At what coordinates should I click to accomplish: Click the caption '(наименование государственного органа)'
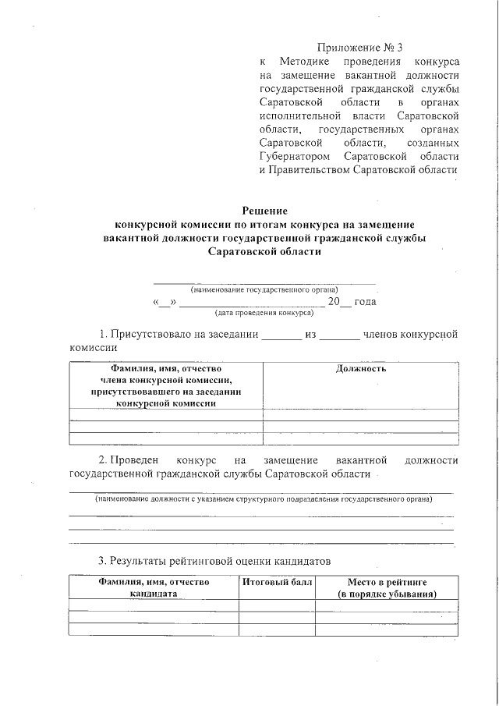coord(264,289)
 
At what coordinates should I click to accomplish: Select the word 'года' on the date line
coord(365,301)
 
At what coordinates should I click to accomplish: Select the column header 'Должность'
coord(360,368)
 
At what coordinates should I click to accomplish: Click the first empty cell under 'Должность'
coord(360,414)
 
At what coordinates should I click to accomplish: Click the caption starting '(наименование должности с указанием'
coord(263,498)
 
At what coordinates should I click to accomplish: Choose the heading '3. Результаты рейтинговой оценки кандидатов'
coord(214,561)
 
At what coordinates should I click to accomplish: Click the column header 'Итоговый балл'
coord(276,582)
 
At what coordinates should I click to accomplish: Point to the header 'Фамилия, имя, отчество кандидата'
coord(154,588)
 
